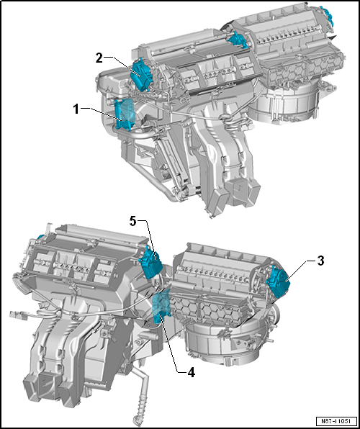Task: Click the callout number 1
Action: [x=76, y=109]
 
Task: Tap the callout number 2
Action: [x=99, y=58]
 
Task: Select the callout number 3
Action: [x=320, y=261]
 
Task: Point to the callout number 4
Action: [x=191, y=373]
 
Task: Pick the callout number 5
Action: [x=133, y=222]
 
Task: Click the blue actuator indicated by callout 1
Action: [x=124, y=114]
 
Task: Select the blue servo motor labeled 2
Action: [x=143, y=73]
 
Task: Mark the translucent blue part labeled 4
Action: [x=163, y=307]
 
